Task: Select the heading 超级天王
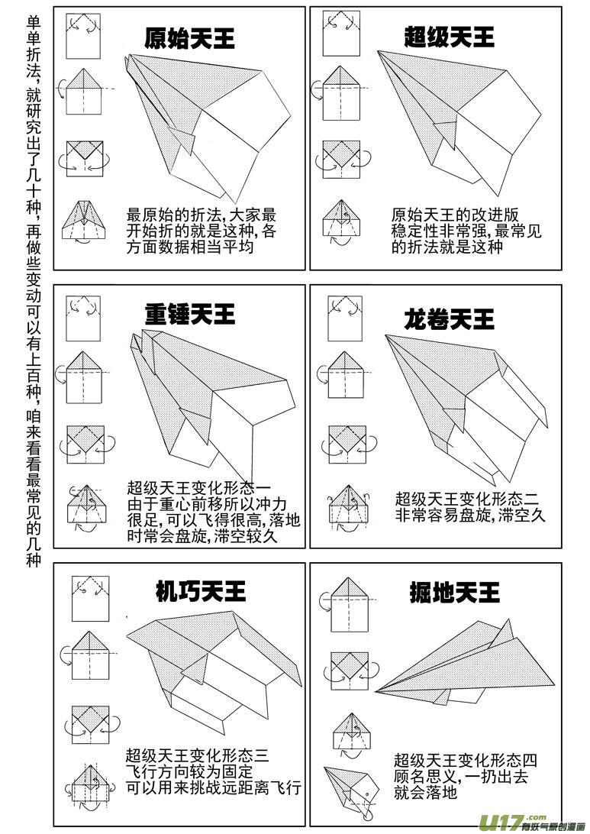pyautogui.click(x=449, y=37)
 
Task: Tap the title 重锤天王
pyautogui.click(x=190, y=314)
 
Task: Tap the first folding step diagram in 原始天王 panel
pyautogui.click(x=83, y=36)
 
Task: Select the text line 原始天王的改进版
pyautogui.click(x=444, y=215)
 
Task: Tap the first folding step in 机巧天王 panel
pyautogui.click(x=87, y=597)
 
